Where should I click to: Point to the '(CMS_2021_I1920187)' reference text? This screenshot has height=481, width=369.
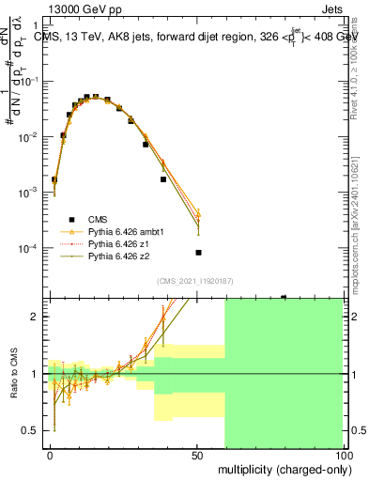194,281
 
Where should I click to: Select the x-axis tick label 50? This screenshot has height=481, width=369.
197,454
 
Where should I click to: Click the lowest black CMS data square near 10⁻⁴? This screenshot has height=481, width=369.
198,252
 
